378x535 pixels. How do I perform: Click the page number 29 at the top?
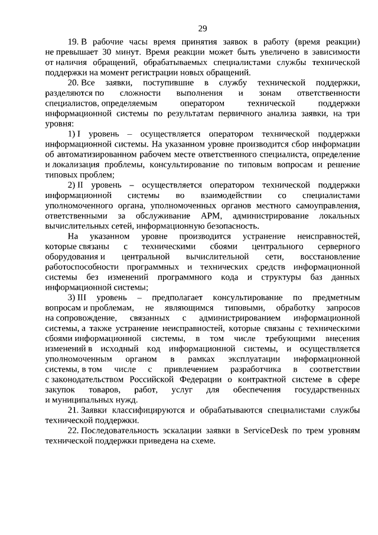[202, 28]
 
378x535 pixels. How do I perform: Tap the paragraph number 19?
[73, 43]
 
